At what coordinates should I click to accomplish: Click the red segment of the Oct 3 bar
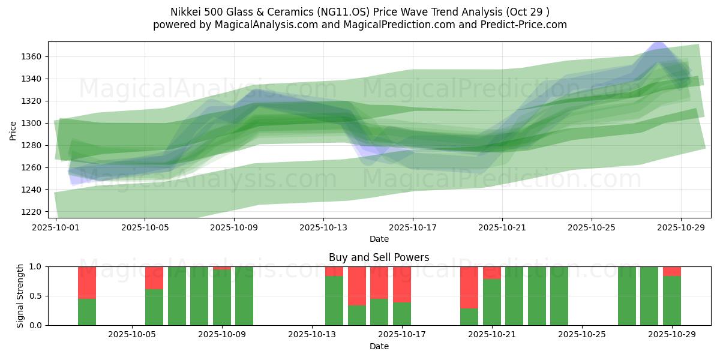pyautogui.click(x=87, y=282)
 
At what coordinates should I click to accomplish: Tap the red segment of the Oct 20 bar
pyautogui.click(x=469, y=287)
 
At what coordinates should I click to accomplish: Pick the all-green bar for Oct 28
pyautogui.click(x=649, y=296)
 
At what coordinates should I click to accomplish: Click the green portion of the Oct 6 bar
pyautogui.click(x=154, y=307)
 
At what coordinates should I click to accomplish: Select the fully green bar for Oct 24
pyautogui.click(x=559, y=296)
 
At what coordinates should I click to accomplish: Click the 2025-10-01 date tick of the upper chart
pyautogui.click(x=55, y=228)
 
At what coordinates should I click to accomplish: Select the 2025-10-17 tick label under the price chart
pyautogui.click(x=413, y=228)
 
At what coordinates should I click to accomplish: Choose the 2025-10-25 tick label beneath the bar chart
pyautogui.click(x=582, y=335)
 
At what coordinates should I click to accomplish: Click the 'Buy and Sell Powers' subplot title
pyautogui.click(x=379, y=257)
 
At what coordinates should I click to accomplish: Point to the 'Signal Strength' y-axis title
pyautogui.click(x=20, y=296)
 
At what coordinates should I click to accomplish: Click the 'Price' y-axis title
pyautogui.click(x=13, y=130)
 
